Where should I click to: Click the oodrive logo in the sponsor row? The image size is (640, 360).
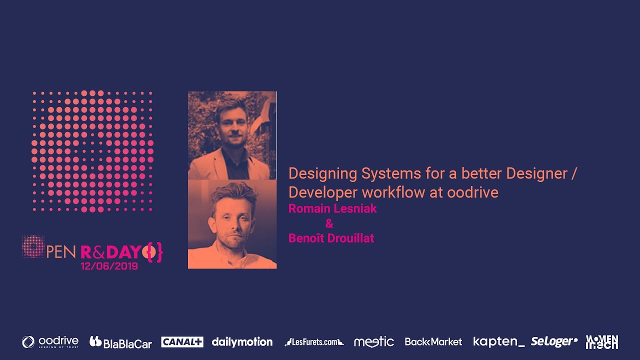point(50,342)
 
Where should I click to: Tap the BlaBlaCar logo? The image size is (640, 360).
point(120,342)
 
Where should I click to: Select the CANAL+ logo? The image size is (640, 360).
point(182,342)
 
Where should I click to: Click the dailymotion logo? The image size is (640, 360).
point(242,342)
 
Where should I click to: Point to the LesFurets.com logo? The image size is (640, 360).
point(314,342)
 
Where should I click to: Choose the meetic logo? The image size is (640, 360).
point(373,342)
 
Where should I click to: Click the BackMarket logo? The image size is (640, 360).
point(433,342)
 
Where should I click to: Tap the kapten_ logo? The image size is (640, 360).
point(498,342)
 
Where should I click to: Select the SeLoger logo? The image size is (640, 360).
point(554,341)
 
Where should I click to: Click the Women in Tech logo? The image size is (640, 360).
point(602,342)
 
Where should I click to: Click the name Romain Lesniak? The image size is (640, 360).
point(332,209)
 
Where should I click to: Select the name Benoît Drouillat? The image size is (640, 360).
point(331,238)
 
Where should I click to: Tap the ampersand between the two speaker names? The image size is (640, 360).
point(329,223)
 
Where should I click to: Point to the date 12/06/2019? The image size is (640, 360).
point(109,266)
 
